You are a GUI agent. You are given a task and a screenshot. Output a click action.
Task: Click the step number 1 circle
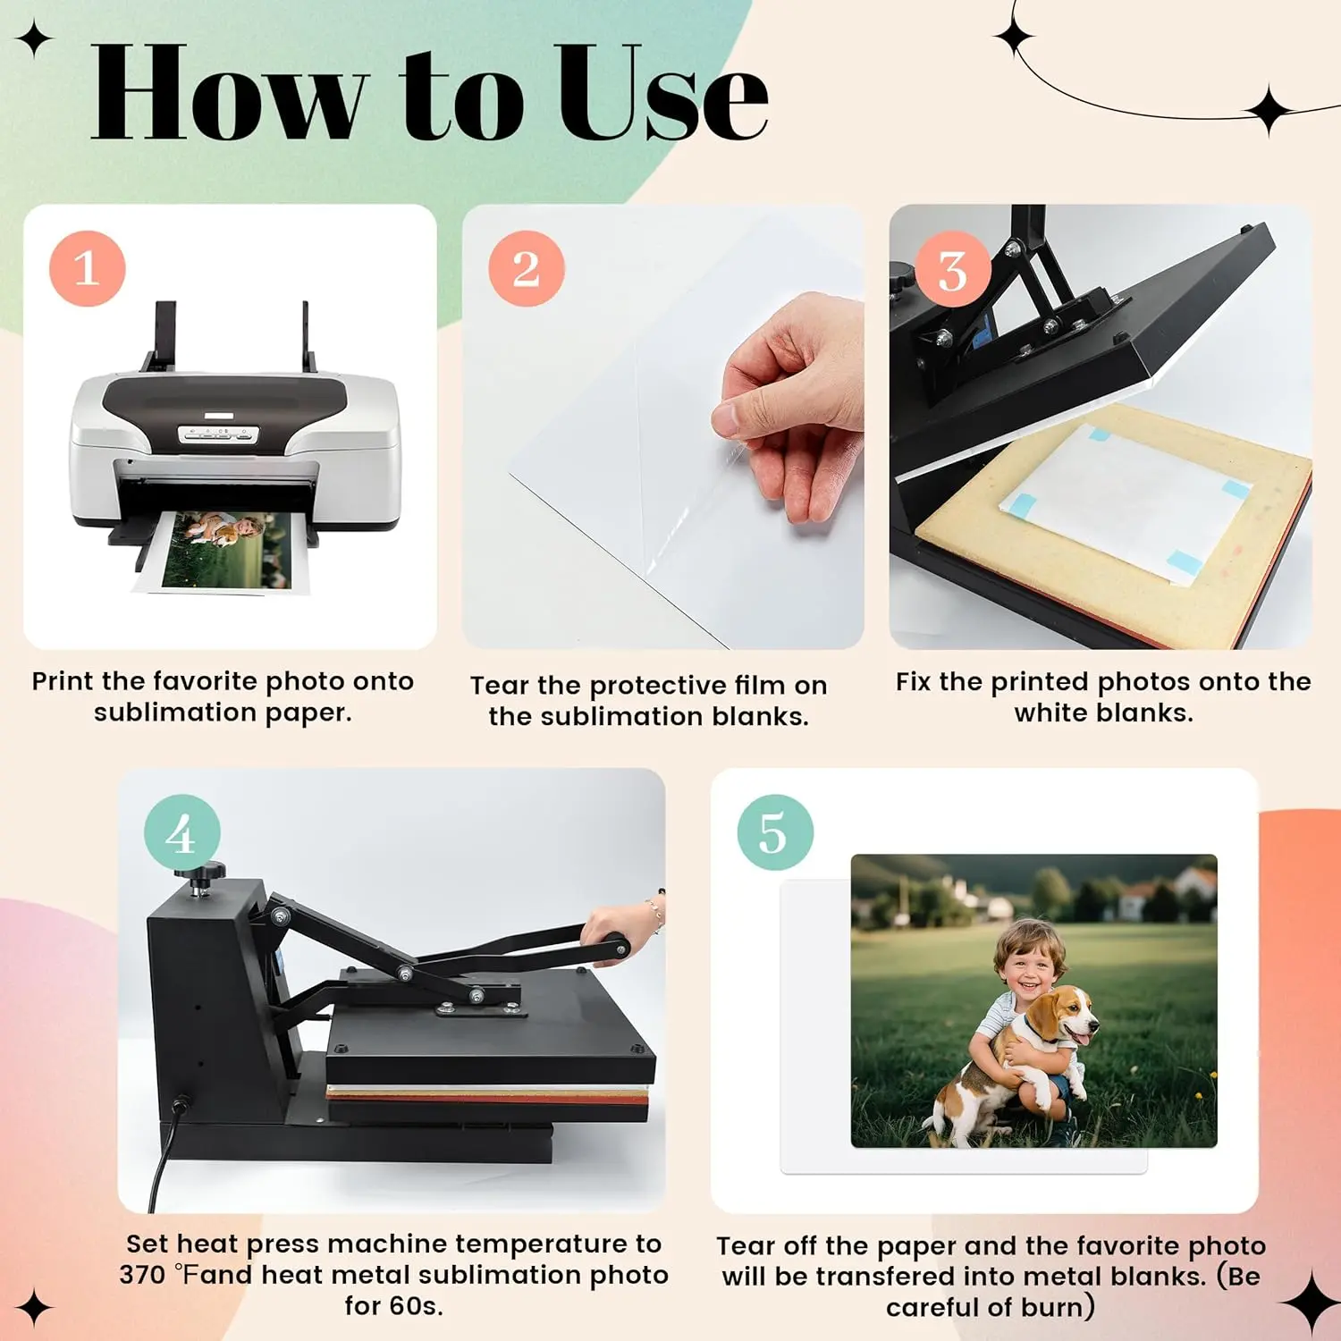(87, 268)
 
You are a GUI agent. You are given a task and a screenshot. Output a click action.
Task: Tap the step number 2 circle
(527, 268)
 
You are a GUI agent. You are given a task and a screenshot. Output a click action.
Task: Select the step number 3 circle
(952, 268)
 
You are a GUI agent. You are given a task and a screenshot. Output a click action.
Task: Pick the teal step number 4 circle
(182, 832)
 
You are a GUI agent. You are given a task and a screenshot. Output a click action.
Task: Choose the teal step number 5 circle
(775, 832)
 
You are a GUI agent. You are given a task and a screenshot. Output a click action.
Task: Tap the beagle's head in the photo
(1069, 1015)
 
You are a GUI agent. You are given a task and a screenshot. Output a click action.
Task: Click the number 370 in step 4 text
(143, 1275)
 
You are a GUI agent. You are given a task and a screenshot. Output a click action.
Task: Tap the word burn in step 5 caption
(1051, 1308)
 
